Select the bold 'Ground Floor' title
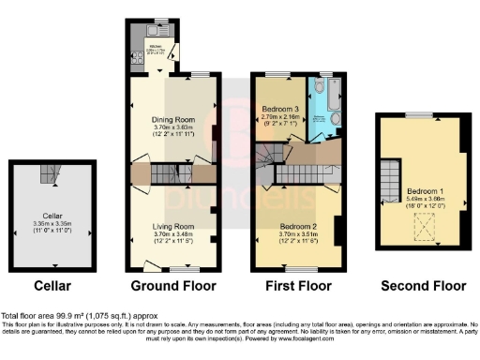(x=173, y=285)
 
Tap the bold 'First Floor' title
(x=299, y=285)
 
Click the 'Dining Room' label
(x=172, y=120)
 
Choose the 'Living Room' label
(x=172, y=226)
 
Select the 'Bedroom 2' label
(x=299, y=226)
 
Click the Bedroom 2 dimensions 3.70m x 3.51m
(x=299, y=233)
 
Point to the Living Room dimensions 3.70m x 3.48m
(x=172, y=233)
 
